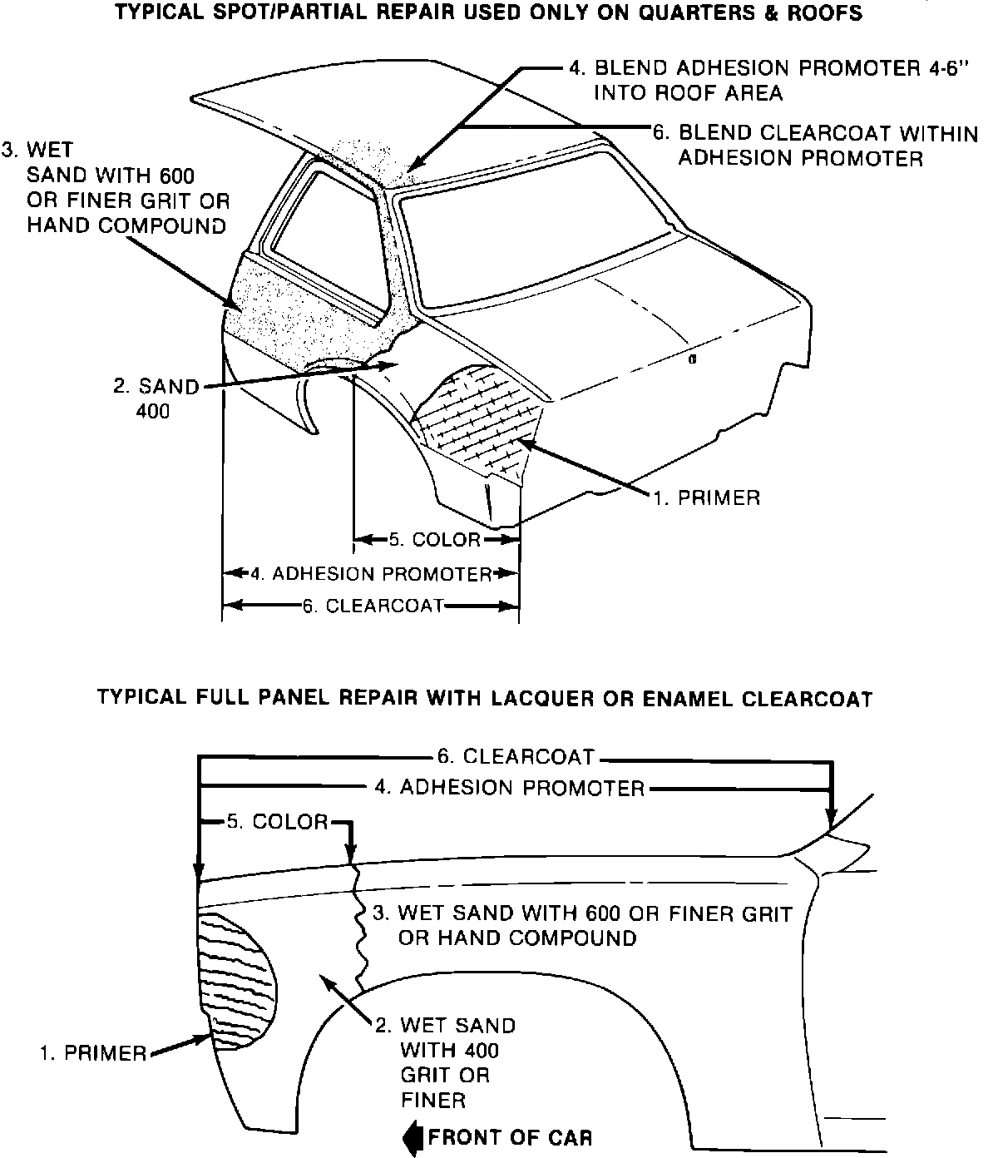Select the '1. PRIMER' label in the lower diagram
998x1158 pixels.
click(x=93, y=1053)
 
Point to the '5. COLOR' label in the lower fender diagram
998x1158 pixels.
click(x=278, y=822)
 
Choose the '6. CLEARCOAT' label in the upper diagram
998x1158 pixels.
click(x=373, y=606)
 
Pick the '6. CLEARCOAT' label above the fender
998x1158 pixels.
click(x=516, y=756)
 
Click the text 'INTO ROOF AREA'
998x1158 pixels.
click(x=688, y=92)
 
